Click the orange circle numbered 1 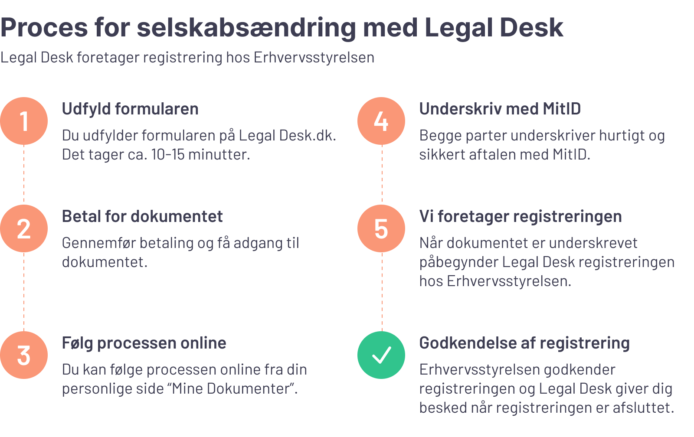click(24, 121)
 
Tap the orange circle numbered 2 click(24, 228)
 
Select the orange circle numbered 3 click(24, 355)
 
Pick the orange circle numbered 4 click(381, 121)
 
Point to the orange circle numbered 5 click(381, 228)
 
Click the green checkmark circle click(381, 355)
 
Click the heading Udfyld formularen click(130, 109)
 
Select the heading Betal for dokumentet click(142, 216)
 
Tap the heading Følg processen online click(144, 343)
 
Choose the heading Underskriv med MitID click(500, 109)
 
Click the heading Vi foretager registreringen click(520, 216)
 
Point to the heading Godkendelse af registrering click(524, 343)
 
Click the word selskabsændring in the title click(246, 28)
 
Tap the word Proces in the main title click(44, 28)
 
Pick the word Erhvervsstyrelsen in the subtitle click(314, 57)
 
